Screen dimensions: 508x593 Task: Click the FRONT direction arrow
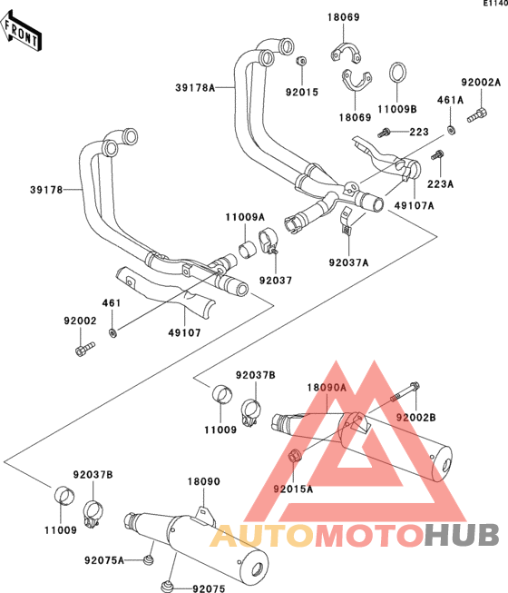tap(20, 32)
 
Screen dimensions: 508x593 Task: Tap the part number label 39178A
tap(195, 88)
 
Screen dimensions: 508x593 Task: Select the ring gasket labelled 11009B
tap(397, 73)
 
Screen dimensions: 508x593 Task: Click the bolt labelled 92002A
tap(477, 114)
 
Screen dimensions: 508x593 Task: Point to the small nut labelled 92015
tap(301, 61)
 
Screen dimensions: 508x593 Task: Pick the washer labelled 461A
tap(451, 130)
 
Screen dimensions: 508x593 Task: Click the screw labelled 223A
tap(437, 154)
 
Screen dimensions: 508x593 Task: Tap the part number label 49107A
tap(414, 205)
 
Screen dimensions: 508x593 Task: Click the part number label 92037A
tap(348, 262)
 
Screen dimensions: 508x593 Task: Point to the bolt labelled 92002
tap(85, 349)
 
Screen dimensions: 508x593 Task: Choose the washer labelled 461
tap(112, 333)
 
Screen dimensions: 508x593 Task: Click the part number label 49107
tap(184, 332)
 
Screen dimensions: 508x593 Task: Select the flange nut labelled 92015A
tap(295, 456)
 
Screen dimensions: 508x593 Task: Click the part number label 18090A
tap(327, 387)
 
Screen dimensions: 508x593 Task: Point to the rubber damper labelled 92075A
tap(149, 559)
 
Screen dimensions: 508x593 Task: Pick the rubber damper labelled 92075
tap(165, 586)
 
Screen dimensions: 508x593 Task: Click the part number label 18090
tap(203, 481)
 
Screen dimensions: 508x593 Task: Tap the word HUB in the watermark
tap(462, 535)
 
